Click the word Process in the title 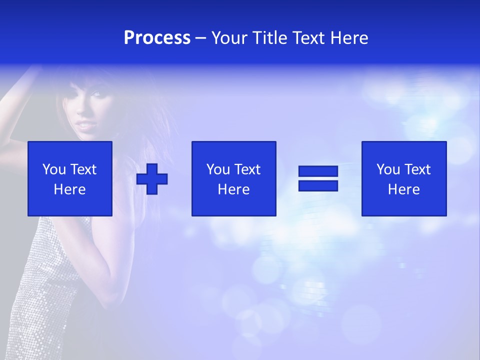click(157, 38)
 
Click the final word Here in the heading click(350, 38)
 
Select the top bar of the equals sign click(318, 171)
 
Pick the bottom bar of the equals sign click(318, 185)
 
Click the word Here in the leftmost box click(69, 189)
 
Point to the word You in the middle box click(218, 169)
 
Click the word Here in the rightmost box click(403, 189)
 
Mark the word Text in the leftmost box click(83, 169)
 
